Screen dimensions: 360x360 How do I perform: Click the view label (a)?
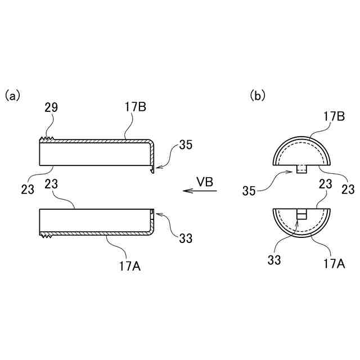[12, 96]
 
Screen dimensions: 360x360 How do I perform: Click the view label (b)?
[257, 96]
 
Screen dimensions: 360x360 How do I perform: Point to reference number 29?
[51, 107]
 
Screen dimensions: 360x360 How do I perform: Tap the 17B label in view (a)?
[135, 107]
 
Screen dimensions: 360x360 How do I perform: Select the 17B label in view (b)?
[334, 118]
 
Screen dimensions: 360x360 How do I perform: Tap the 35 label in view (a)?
[186, 145]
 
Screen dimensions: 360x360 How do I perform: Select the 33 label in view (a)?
[186, 238]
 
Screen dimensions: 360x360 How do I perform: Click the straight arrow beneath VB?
[200, 191]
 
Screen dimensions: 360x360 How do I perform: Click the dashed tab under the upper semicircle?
[302, 170]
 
